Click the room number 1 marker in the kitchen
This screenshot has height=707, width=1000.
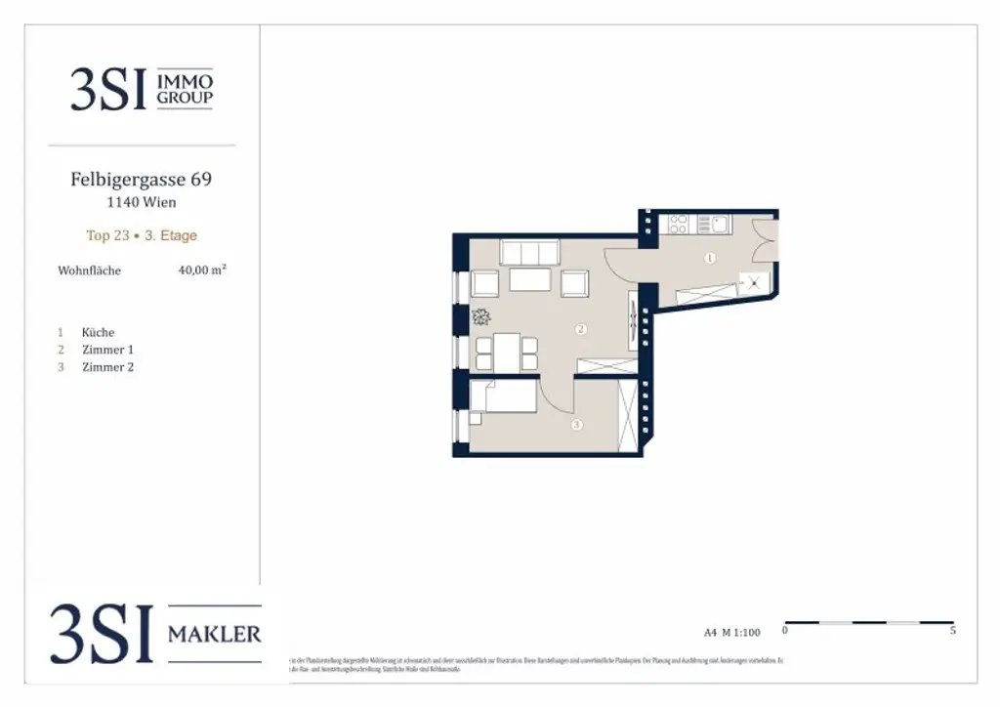click(x=710, y=259)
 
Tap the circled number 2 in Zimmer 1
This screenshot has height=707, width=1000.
click(x=581, y=329)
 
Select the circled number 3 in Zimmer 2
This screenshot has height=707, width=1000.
click(x=577, y=424)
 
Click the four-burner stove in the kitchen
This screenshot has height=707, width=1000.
click(x=679, y=225)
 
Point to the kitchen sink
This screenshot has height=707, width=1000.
click(x=720, y=225)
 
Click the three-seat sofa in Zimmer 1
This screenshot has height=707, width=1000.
click(x=529, y=252)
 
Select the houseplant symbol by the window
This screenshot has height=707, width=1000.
click(x=481, y=316)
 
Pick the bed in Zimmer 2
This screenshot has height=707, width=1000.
click(x=504, y=397)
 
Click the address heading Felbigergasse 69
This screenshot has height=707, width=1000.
click(x=141, y=180)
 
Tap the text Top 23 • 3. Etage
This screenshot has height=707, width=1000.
click(x=142, y=235)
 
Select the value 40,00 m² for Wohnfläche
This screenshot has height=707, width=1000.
click(x=202, y=270)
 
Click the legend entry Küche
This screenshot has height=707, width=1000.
click(x=98, y=332)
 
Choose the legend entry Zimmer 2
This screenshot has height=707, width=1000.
click(x=107, y=367)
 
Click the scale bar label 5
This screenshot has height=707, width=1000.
click(x=952, y=632)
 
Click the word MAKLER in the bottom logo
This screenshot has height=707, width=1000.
click(x=215, y=635)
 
